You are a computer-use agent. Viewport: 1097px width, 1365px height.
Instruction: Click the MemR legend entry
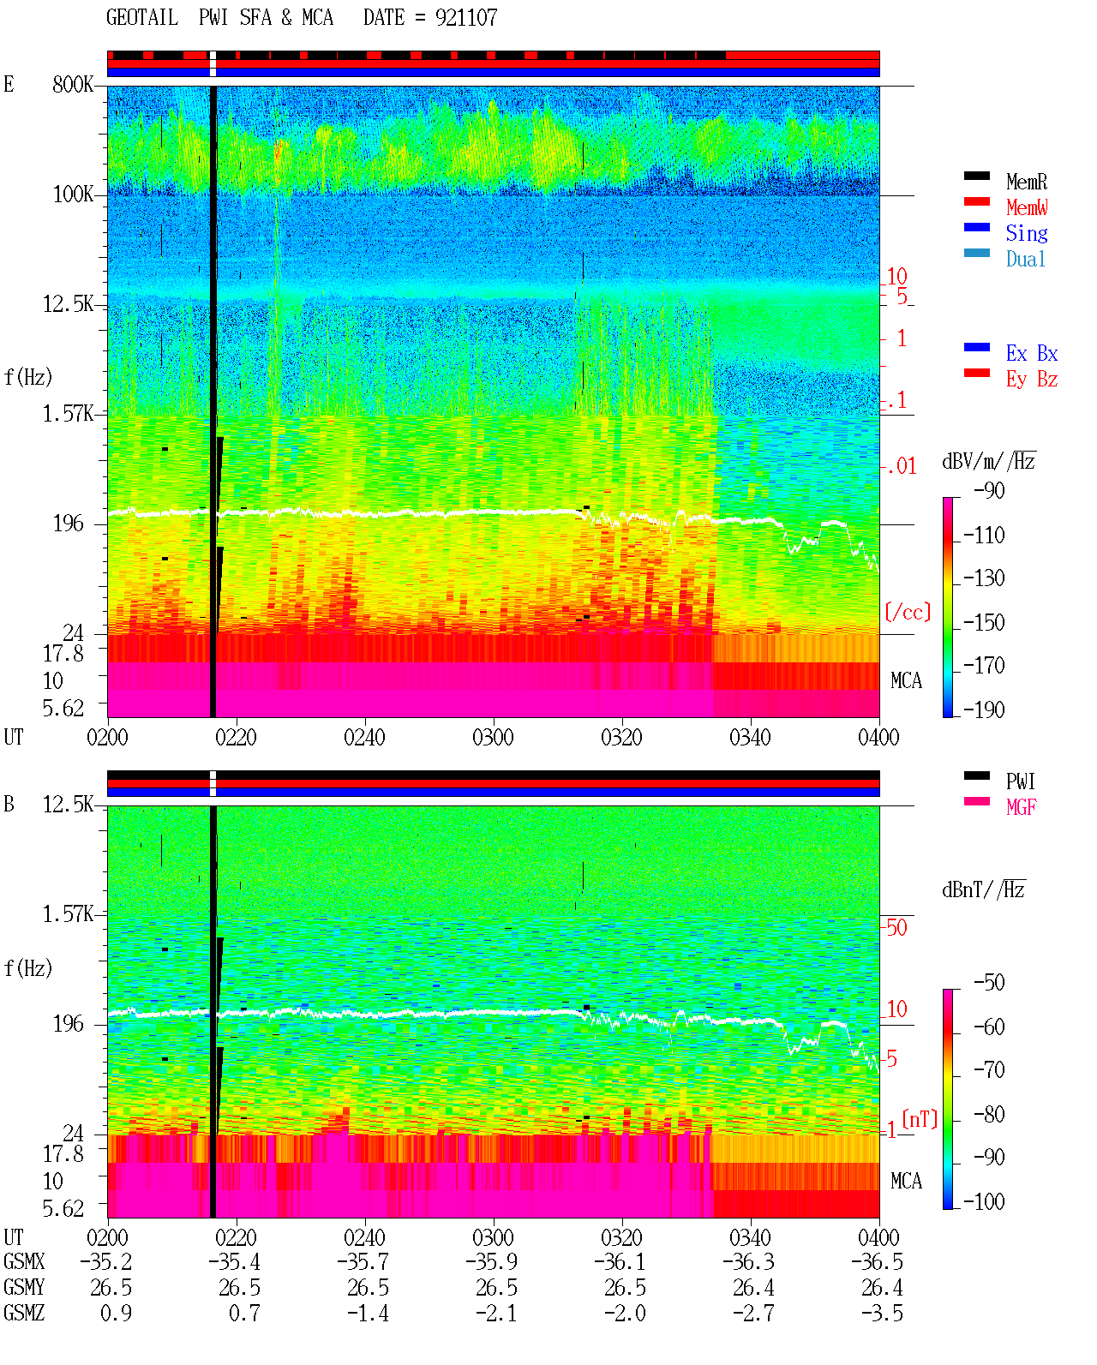point(1027,182)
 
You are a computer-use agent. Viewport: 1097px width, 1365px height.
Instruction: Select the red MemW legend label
point(1027,207)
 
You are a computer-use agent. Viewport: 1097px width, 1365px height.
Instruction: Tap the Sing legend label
point(1027,233)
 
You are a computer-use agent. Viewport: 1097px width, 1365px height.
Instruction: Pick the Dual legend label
point(1026,259)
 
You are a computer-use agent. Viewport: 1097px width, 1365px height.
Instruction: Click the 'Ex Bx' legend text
point(1032,353)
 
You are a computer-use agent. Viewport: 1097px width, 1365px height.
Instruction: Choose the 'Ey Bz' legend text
point(1032,380)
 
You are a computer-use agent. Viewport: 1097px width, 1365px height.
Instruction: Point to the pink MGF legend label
point(1021,807)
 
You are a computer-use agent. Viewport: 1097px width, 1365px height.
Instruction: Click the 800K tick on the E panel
point(73,84)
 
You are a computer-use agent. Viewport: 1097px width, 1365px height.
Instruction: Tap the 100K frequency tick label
point(73,195)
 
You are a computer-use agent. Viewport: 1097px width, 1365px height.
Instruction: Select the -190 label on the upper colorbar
point(984,709)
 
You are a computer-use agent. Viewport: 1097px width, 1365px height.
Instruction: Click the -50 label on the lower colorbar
point(989,983)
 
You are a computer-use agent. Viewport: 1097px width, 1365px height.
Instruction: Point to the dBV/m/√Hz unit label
point(989,461)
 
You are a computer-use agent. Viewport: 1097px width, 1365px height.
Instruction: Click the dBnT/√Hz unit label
point(984,890)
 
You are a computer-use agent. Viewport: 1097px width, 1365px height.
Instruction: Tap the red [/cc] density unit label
point(908,612)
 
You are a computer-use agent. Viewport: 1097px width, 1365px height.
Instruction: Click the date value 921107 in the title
point(466,18)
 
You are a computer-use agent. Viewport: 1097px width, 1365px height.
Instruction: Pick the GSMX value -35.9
point(492,1261)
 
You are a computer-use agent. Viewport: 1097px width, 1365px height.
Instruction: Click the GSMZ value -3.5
point(882,1313)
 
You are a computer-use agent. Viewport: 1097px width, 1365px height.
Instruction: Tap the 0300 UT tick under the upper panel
point(493,738)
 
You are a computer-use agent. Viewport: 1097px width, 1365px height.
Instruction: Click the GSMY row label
point(24,1287)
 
